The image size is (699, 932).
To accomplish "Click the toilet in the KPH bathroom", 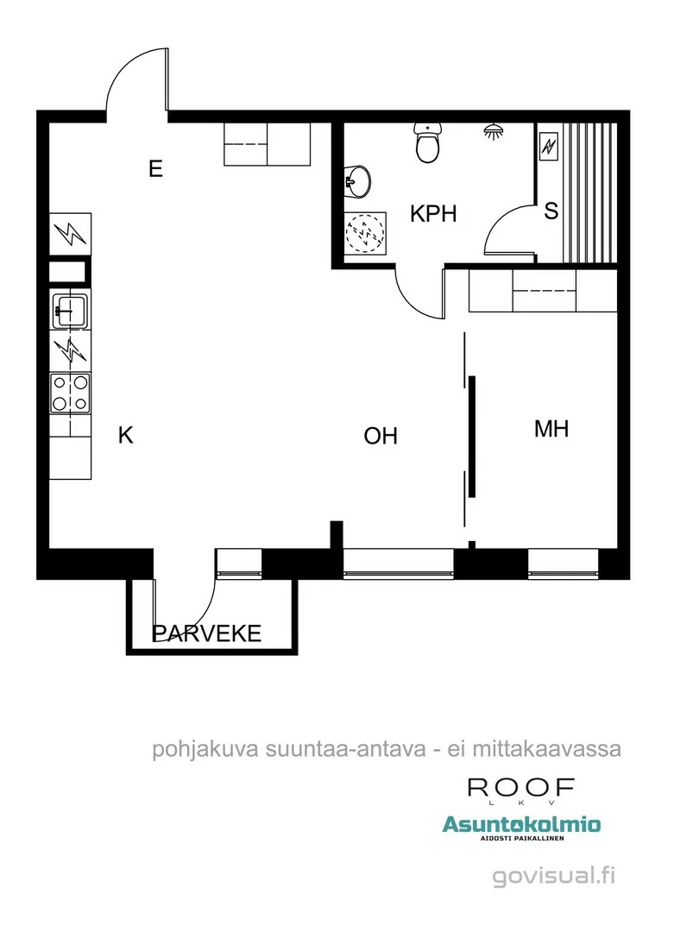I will pyautogui.click(x=429, y=142).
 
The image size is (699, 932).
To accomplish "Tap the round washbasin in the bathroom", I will pyautogui.click(x=357, y=181).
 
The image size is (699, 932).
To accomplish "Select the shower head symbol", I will pyautogui.click(x=494, y=132).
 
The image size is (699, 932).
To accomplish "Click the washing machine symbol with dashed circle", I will pyautogui.click(x=367, y=232).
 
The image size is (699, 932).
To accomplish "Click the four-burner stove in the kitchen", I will pyautogui.click(x=70, y=392).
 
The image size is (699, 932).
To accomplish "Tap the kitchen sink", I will pyautogui.click(x=69, y=308).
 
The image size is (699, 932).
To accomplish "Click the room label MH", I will pyautogui.click(x=551, y=429).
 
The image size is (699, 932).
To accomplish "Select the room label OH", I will pyautogui.click(x=381, y=437).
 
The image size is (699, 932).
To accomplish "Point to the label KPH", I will pyautogui.click(x=432, y=214).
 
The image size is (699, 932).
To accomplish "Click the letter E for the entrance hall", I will pyautogui.click(x=155, y=168).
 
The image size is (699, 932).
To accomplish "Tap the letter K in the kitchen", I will pyautogui.click(x=126, y=436).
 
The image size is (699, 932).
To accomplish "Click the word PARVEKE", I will pyautogui.click(x=207, y=634).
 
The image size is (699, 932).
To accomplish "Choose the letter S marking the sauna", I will pyautogui.click(x=551, y=212).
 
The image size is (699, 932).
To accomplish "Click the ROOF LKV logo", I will pyautogui.click(x=521, y=790).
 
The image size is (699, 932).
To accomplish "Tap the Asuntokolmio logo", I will pyautogui.click(x=521, y=827).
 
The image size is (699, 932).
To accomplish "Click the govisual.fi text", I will pyautogui.click(x=554, y=877).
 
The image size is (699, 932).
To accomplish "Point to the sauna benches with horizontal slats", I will pyautogui.click(x=590, y=192).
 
